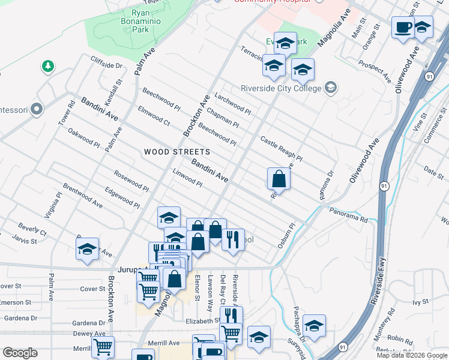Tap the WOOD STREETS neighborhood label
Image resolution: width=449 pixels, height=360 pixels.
pos(177,152)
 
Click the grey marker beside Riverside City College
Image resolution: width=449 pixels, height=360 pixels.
pos(330,88)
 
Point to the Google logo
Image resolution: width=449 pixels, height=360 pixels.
pos(20,353)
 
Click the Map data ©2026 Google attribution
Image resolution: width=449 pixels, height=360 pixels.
pos(411,355)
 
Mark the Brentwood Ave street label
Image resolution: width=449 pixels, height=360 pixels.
pos(82,196)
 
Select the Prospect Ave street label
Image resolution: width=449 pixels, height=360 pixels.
pos(375,71)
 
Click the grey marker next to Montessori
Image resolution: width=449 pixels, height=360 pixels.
pos(37,110)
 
